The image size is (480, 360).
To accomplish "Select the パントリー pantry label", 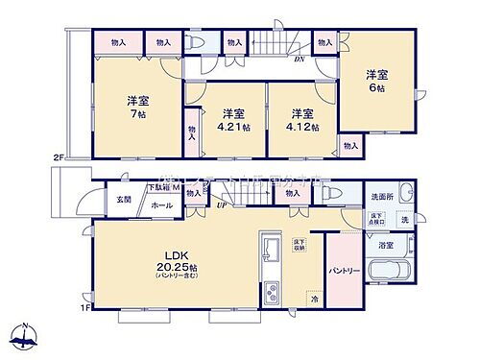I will (345, 270).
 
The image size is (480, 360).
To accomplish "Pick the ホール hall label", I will (160, 205).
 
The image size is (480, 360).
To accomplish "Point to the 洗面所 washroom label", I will (382, 197).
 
